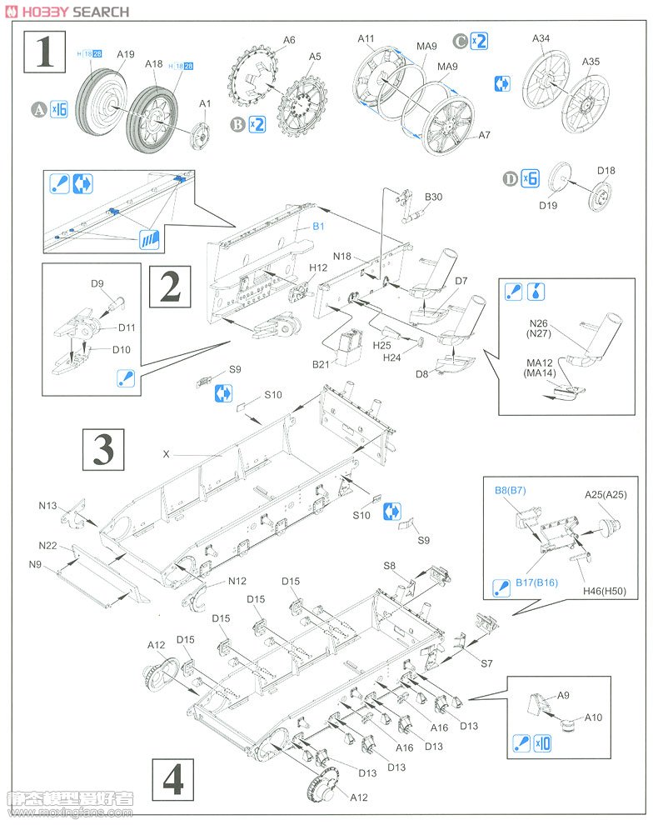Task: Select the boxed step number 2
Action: pos(169,287)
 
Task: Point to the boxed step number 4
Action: pos(173,781)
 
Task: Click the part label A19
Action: pos(125,54)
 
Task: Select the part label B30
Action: pos(433,197)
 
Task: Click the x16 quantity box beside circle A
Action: pos(58,108)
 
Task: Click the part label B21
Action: pos(322,364)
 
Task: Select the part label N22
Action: pos(47,545)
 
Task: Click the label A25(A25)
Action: pos(606,494)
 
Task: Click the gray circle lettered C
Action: pos(460,40)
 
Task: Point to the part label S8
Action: pos(390,566)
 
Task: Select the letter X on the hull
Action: pos(167,454)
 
